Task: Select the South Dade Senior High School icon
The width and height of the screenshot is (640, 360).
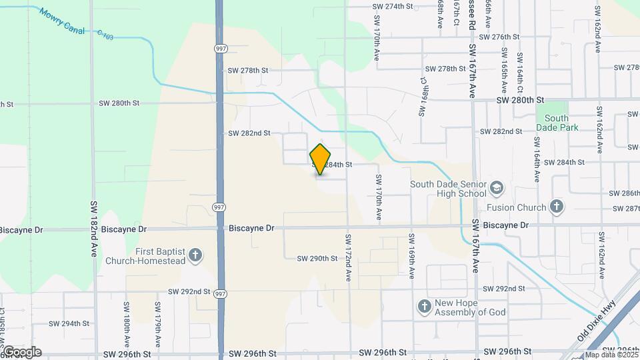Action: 496,189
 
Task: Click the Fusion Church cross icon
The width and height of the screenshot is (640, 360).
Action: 557,207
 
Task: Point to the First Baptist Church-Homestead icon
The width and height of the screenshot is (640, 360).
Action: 195,254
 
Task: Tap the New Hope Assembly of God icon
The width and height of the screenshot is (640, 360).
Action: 423,307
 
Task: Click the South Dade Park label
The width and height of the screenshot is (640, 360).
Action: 557,123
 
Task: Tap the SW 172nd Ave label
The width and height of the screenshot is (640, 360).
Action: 348,257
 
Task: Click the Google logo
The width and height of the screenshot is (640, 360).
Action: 21,351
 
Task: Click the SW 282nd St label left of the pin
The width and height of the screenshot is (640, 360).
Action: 249,133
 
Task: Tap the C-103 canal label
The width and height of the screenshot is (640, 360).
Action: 105,34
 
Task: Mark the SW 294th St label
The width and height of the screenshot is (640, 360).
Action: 69,323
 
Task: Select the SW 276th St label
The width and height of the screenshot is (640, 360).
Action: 499,37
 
